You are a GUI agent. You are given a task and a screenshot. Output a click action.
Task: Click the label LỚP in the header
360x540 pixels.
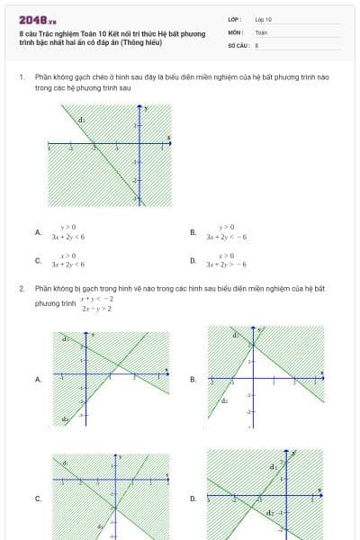click(233, 19)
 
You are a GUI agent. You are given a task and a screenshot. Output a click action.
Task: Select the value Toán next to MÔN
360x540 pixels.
click(261, 31)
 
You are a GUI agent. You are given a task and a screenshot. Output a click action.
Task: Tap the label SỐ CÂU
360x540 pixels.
click(238, 44)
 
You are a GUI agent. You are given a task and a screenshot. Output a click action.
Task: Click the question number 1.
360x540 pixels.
click(21, 77)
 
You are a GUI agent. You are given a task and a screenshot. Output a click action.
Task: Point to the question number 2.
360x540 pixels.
click(21, 288)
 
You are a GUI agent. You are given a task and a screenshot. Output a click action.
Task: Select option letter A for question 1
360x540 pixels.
click(38, 232)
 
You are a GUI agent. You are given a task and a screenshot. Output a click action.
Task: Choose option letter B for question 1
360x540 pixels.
click(193, 232)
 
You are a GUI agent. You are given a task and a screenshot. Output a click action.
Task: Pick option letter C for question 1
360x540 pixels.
click(38, 261)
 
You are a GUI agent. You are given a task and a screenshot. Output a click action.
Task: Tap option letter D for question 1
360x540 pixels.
click(193, 261)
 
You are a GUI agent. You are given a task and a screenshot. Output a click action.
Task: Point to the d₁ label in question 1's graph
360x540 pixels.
click(82, 119)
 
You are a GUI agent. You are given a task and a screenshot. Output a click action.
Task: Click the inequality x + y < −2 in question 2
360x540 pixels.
click(97, 298)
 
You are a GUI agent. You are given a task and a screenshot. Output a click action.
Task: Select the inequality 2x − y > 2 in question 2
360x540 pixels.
click(97, 309)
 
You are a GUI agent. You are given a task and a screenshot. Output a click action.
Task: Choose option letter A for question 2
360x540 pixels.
click(38, 379)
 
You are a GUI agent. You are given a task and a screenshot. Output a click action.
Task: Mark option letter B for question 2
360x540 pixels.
click(193, 379)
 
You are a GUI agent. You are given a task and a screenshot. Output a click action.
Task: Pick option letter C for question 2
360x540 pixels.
click(38, 498)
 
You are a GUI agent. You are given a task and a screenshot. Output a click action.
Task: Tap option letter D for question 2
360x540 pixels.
click(193, 498)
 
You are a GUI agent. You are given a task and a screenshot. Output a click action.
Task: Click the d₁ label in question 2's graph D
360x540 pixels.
click(273, 468)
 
